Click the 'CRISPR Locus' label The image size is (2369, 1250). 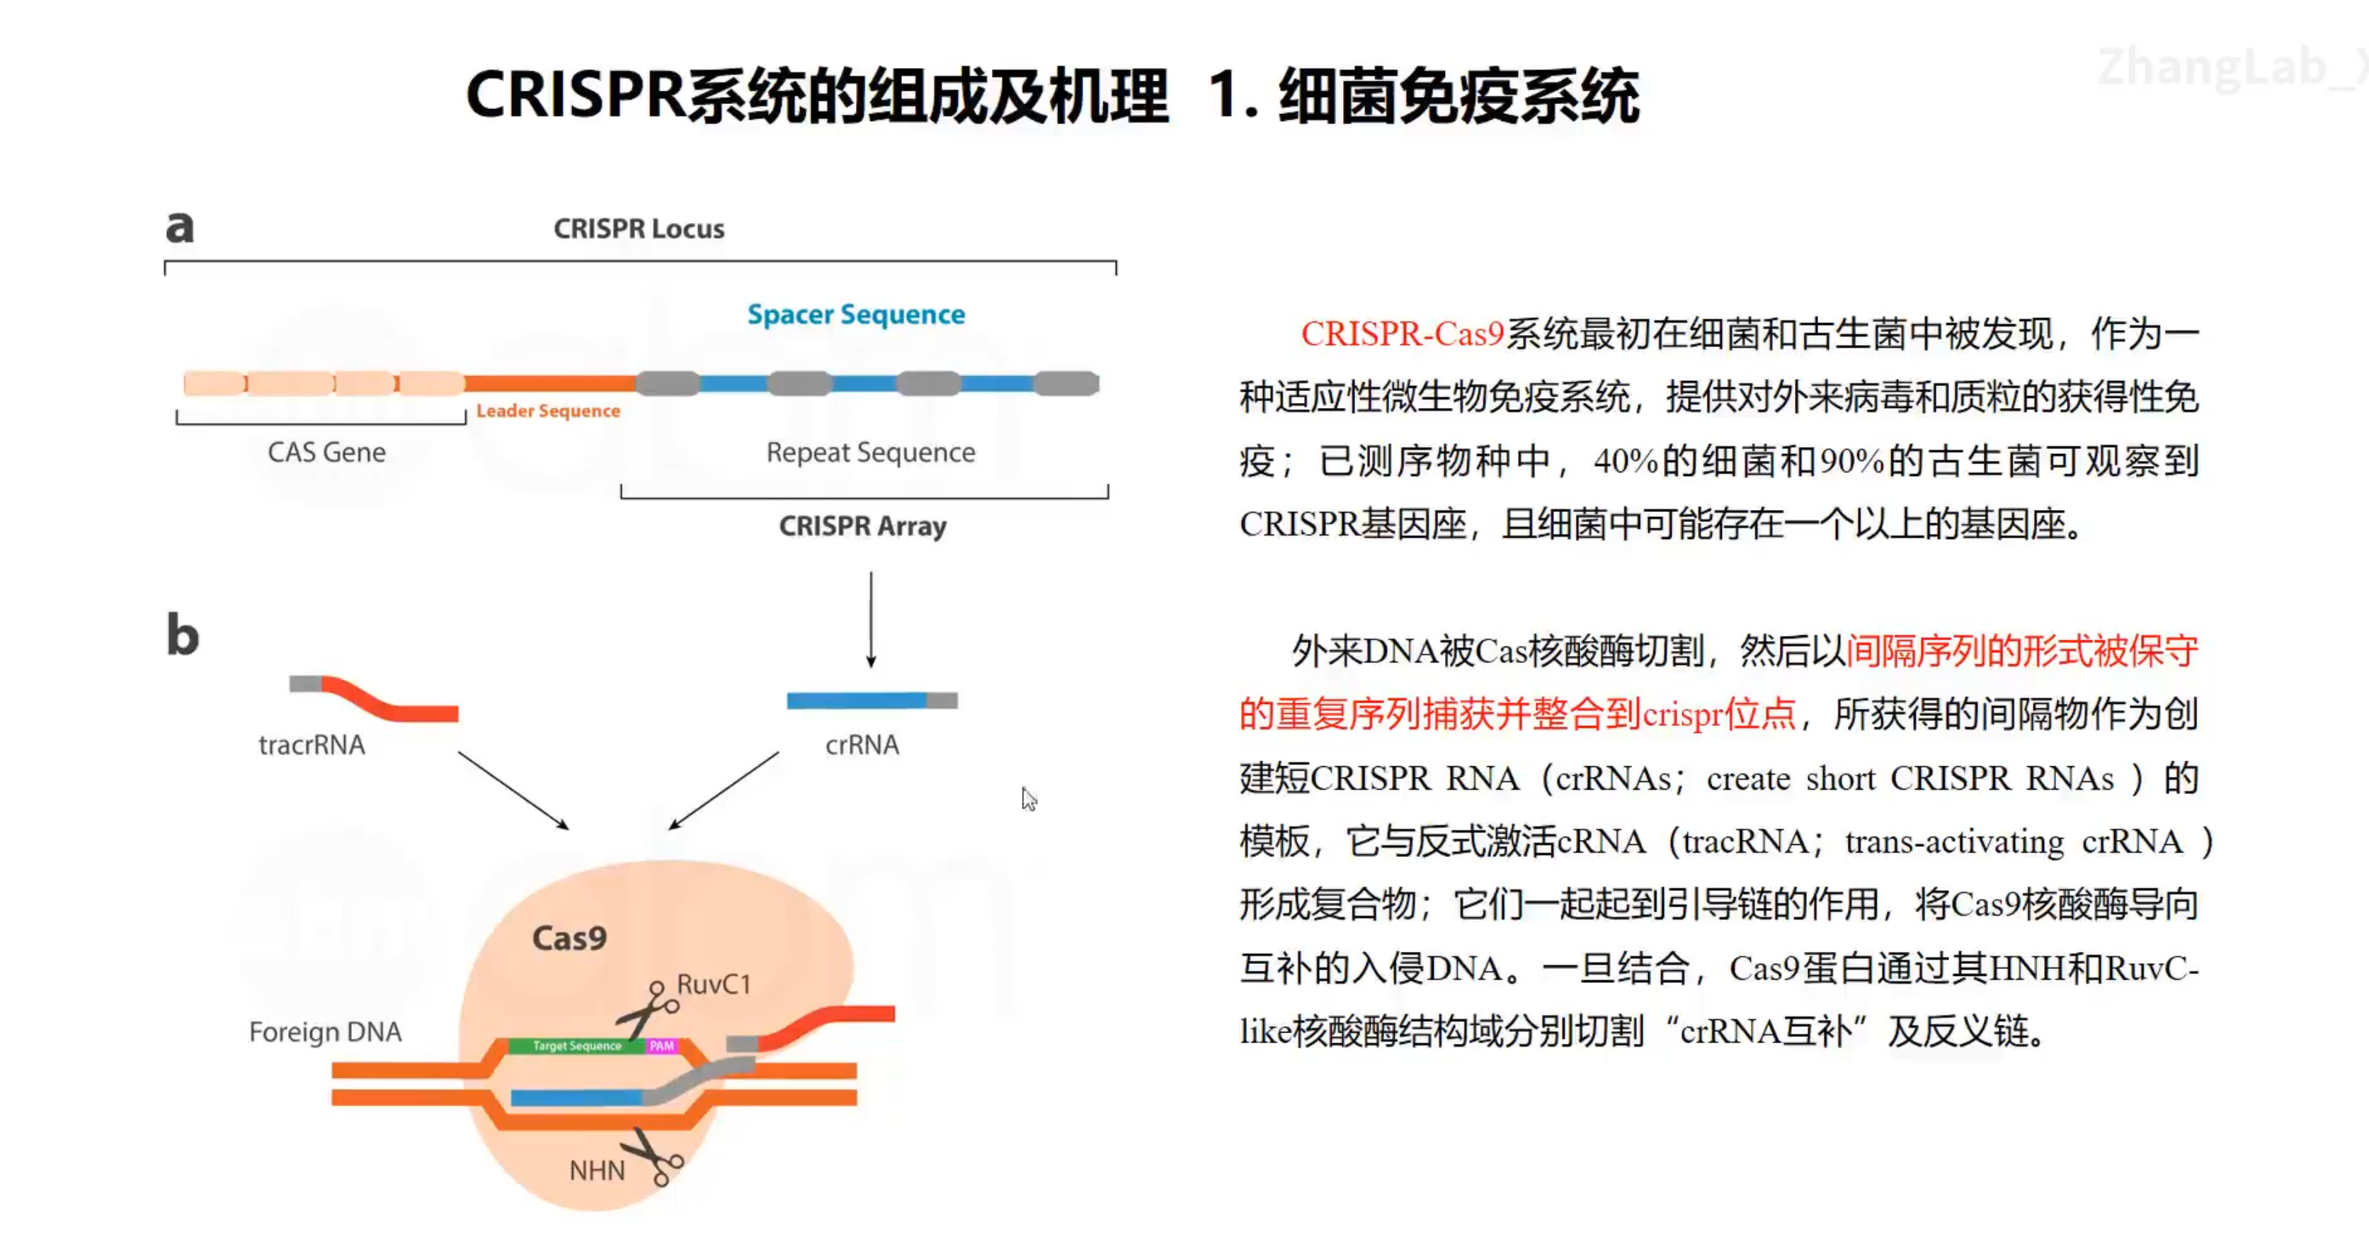tap(638, 228)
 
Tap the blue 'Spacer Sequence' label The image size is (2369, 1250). tap(855, 314)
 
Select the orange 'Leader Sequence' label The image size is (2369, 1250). tap(548, 411)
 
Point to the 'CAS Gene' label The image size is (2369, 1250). tap(326, 453)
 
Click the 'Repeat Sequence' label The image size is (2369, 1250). tap(870, 453)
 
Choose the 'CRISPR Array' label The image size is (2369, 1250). tap(862, 526)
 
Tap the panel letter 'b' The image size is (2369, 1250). tap(182, 635)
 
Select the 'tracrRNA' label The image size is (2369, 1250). tap(312, 745)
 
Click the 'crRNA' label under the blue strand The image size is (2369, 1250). tap(862, 745)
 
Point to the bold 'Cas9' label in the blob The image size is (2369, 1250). tap(569, 938)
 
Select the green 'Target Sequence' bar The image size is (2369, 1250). tap(576, 1046)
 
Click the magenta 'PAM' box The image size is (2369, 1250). tap(661, 1046)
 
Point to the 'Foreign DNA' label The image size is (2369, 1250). tap(325, 1032)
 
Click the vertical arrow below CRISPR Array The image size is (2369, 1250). tap(871, 618)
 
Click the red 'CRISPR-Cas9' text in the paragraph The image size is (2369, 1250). tap(1402, 334)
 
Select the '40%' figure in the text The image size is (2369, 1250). tap(1625, 461)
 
